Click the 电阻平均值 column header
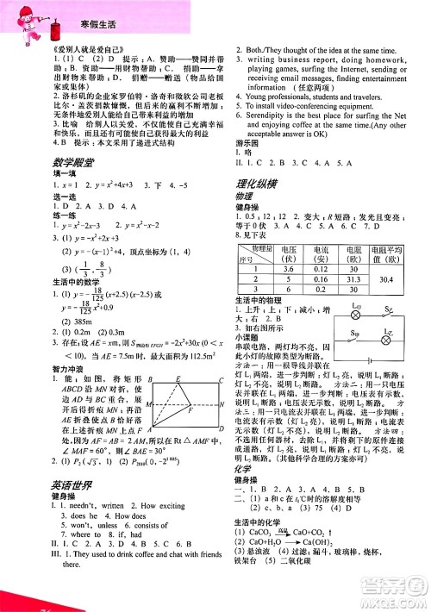point(387,251)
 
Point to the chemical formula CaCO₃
point(263,557)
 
